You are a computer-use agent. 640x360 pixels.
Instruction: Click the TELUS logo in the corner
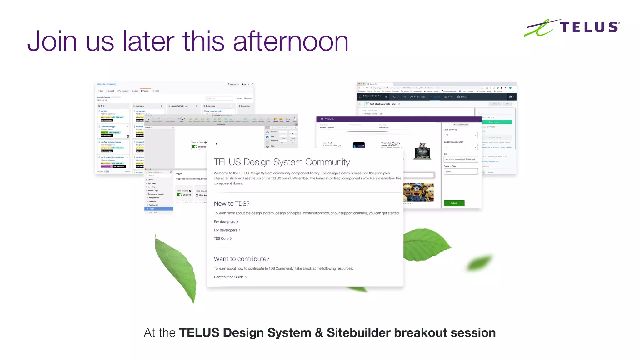coord(572,27)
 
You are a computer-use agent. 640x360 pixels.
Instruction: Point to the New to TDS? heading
coord(232,203)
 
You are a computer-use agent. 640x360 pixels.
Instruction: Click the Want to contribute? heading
coord(242,259)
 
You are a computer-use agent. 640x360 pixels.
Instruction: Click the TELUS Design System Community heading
coord(282,162)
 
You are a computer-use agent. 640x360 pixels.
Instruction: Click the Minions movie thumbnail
coord(418,192)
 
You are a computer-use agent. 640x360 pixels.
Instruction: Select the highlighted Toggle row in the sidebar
coord(159,208)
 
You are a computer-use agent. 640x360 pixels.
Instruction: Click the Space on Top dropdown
coord(461,171)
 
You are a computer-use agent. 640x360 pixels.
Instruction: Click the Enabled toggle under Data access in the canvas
coord(194,147)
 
